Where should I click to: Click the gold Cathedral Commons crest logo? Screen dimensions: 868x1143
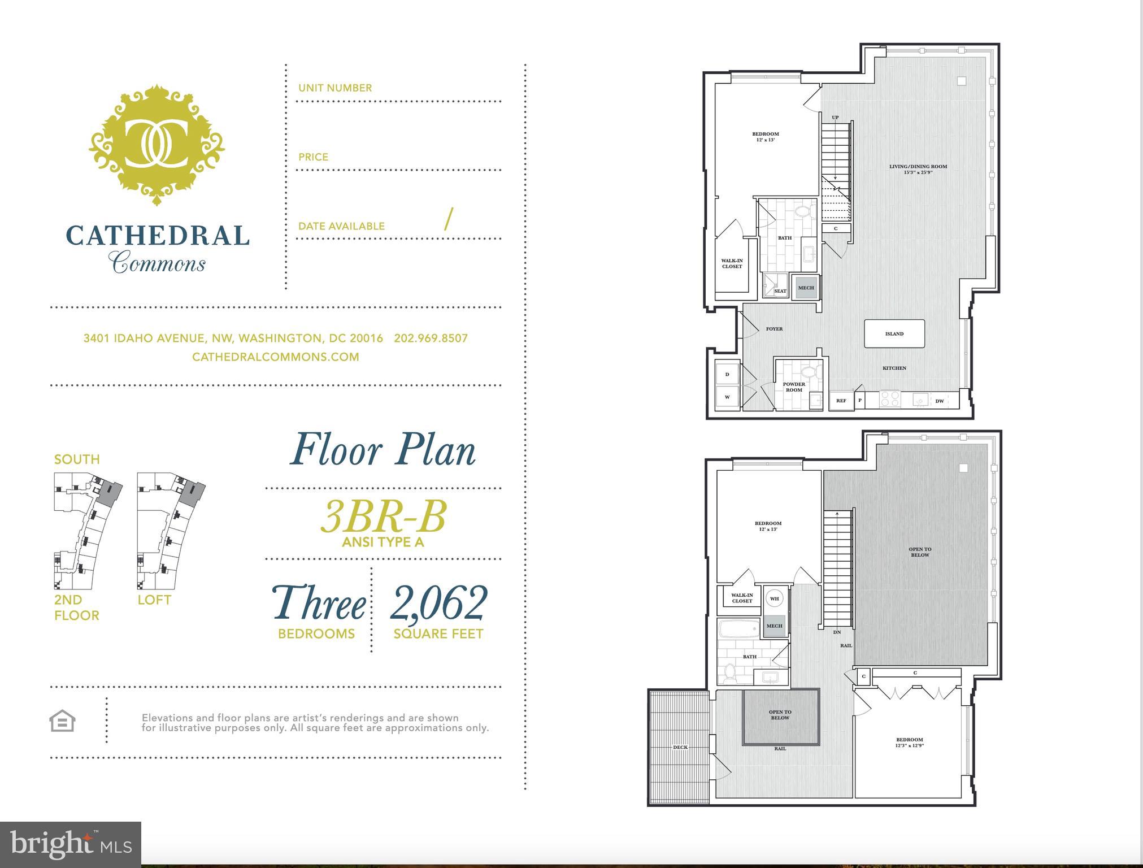point(157,145)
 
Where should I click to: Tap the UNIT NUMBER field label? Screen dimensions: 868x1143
point(335,88)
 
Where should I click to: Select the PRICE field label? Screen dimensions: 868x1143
point(313,157)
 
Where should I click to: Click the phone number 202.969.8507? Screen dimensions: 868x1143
point(431,338)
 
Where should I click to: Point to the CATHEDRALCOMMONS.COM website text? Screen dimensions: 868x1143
point(275,357)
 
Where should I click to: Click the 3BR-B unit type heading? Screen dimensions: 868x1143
point(383,517)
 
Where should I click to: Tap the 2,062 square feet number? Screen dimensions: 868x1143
point(438,603)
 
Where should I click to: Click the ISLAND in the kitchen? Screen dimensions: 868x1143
point(894,334)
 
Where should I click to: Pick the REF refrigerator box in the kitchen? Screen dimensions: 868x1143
point(841,401)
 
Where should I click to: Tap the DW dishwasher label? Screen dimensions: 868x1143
point(940,401)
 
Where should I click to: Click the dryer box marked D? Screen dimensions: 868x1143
point(727,374)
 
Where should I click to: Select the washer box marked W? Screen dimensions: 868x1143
point(727,397)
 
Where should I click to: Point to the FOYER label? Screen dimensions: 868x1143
point(774,329)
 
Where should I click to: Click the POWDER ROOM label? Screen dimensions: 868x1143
point(794,387)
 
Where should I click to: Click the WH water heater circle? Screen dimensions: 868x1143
point(774,598)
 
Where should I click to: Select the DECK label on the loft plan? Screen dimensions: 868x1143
point(680,747)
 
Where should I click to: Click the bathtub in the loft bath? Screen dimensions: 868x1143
point(740,628)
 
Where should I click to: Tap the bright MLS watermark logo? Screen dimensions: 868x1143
point(71,844)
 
